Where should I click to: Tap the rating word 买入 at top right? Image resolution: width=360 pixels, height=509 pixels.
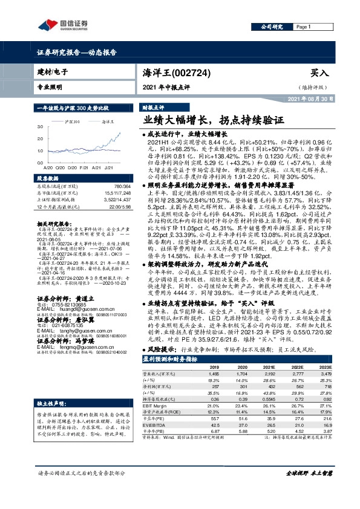[x=319, y=73]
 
